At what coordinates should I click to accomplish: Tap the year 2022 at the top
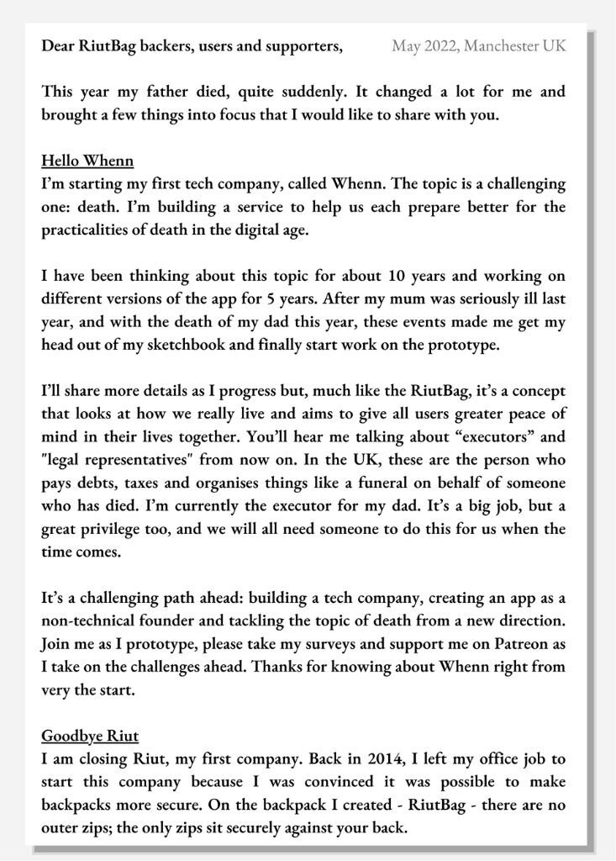pos(438,45)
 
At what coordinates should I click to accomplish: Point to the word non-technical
pos(89,621)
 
